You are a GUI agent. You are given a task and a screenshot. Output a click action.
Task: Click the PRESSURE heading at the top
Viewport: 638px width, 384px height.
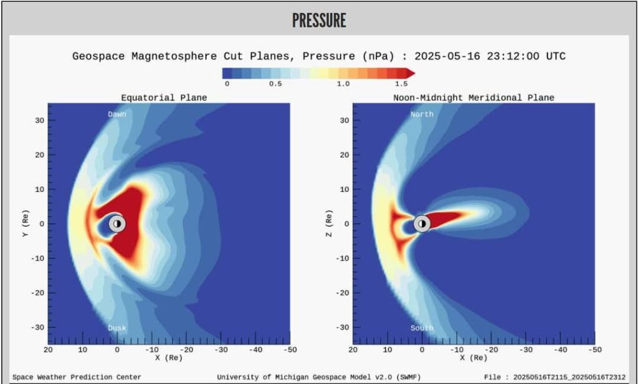[x=319, y=21]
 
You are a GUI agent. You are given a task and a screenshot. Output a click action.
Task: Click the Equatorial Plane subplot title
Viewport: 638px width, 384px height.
[x=164, y=98]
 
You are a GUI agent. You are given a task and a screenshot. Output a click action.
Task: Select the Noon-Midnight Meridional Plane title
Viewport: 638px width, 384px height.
[x=474, y=98]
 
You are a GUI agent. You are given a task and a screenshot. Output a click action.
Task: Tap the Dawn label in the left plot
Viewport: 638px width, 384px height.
[x=117, y=114]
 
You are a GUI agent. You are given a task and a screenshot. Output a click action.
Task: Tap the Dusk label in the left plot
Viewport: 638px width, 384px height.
[x=117, y=328]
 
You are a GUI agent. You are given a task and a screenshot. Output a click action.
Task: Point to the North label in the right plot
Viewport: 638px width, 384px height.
[x=422, y=114]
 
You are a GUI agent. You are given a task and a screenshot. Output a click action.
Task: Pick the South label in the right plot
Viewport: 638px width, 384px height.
[x=422, y=328]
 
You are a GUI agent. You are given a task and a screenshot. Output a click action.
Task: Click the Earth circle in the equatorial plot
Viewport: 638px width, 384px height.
[x=117, y=223]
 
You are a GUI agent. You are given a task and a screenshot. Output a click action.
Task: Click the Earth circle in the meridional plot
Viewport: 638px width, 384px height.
[x=422, y=223]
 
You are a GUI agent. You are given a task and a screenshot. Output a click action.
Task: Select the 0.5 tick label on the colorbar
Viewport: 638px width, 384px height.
[x=275, y=83]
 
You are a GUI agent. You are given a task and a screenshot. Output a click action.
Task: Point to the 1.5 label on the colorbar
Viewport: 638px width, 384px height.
[x=401, y=83]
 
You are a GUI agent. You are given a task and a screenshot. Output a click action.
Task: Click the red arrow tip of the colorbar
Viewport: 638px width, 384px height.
[x=414, y=73]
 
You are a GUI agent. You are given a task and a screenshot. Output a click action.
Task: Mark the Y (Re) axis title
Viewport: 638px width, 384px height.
[x=26, y=223]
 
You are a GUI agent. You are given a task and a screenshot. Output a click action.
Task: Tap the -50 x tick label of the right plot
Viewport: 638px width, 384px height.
[x=594, y=350]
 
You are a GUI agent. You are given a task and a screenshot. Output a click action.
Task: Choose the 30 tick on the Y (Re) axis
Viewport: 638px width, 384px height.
[x=39, y=120]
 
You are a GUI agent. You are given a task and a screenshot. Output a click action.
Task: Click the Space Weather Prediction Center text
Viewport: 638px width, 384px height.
[x=77, y=377]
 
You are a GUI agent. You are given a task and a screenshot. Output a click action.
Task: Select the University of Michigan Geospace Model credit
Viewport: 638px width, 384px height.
[x=318, y=377]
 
